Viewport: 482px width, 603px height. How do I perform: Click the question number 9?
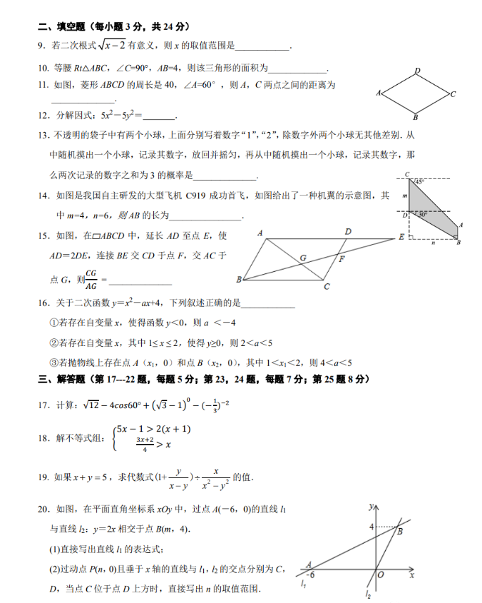41,46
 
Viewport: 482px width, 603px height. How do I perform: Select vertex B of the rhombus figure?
415,118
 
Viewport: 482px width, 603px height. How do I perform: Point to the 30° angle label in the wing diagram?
422,214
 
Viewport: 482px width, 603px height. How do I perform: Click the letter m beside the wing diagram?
404,194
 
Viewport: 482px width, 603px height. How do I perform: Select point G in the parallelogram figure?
303,257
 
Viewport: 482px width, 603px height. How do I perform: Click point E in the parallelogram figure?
401,237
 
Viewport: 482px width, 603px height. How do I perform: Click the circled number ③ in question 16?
53,362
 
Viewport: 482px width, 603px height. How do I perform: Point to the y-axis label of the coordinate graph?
371,507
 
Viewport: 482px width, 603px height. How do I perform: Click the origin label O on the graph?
381,574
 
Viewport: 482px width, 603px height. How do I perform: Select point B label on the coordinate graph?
401,532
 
